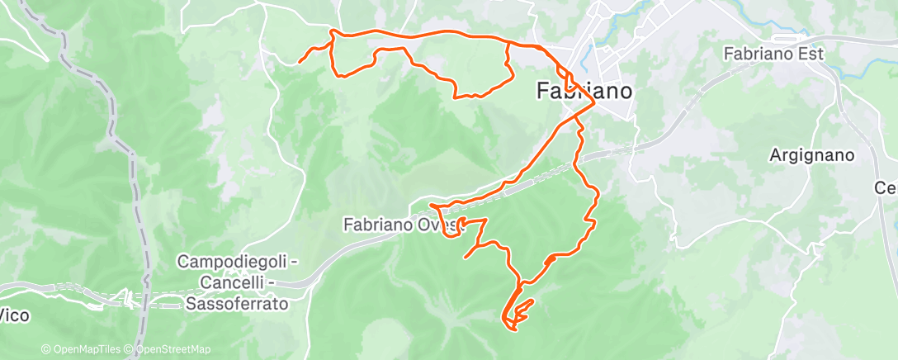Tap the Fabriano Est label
(763, 54)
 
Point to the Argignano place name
(811, 154)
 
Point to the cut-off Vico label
(11, 314)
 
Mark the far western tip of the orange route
(298, 63)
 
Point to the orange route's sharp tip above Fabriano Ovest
(431, 204)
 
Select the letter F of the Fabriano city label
(542, 91)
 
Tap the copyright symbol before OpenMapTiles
(46, 349)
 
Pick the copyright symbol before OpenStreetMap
(130, 349)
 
